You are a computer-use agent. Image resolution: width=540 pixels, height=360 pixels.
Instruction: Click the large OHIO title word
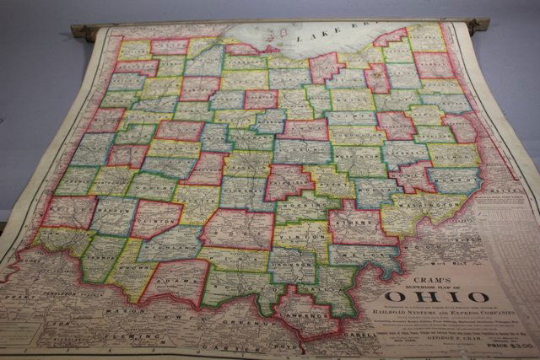tap(436, 297)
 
